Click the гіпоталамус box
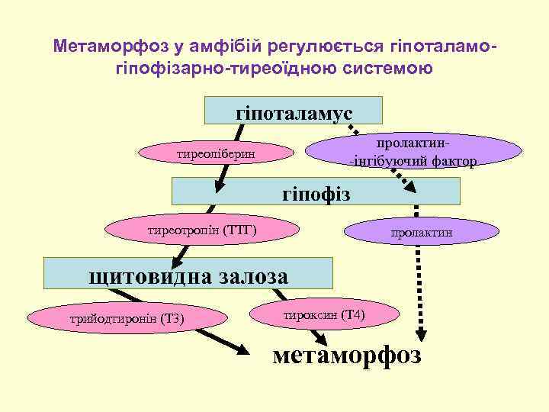[x=294, y=111]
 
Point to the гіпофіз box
[x=316, y=191]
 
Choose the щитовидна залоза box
[x=188, y=272]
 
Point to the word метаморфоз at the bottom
[x=346, y=356]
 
